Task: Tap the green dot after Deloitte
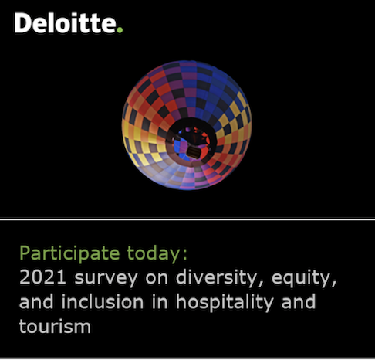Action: (x=119, y=30)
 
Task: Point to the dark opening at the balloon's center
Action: (x=186, y=142)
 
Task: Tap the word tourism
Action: (x=55, y=326)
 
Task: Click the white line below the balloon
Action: (x=187, y=219)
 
